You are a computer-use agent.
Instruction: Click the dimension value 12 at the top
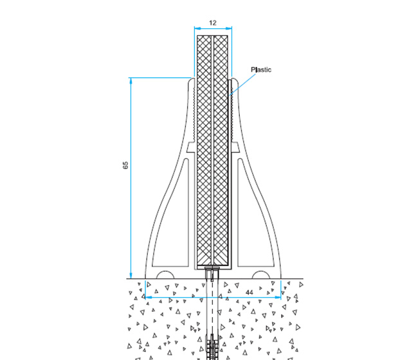tap(212, 22)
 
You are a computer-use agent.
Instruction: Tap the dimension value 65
tap(126, 165)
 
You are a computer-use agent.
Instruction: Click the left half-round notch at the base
tap(165, 274)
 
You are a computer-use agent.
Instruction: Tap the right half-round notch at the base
tap(260, 274)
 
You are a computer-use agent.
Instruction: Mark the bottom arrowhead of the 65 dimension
tap(131, 275)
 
